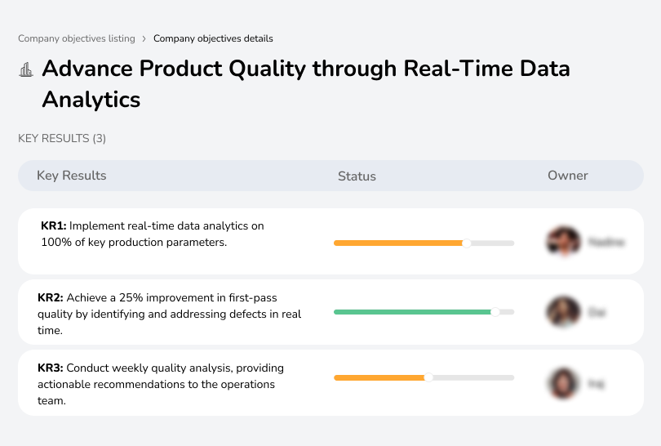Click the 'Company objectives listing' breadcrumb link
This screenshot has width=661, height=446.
point(76,38)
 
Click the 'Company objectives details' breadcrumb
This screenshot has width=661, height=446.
point(213,38)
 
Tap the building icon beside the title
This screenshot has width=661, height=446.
point(26,69)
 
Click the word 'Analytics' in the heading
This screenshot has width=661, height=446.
point(91,100)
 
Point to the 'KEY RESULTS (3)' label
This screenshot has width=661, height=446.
point(62,139)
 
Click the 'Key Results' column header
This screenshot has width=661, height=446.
point(72,176)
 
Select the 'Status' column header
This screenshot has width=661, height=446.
point(357,176)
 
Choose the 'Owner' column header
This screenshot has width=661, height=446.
point(568,176)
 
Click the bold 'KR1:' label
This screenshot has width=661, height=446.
point(54,226)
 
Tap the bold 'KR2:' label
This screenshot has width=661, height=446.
point(51,298)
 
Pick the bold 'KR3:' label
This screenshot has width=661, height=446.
point(51,368)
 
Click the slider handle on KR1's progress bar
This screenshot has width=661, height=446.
point(467,243)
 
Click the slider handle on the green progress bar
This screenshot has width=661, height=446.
point(495,312)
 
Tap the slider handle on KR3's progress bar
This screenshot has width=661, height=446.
point(428,377)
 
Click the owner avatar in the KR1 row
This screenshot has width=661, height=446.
point(562,242)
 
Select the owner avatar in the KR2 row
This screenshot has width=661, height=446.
point(562,312)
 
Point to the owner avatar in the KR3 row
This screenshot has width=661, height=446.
point(562,382)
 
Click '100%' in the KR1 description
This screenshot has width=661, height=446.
point(55,243)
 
